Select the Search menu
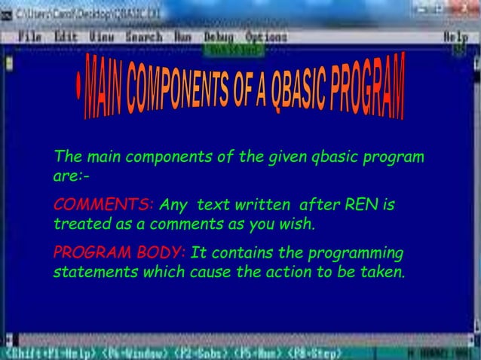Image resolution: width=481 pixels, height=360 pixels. [143, 36]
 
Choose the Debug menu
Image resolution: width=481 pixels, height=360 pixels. [219, 36]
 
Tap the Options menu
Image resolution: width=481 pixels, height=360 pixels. [266, 36]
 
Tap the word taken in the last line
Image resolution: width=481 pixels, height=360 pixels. [384, 272]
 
